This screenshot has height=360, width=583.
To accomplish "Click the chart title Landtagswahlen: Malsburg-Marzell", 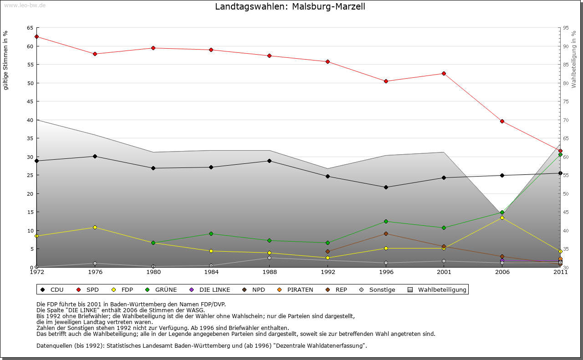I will (290, 7).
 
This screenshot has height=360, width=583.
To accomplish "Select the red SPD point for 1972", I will (36, 37).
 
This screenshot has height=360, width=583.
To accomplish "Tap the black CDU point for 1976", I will (95, 156).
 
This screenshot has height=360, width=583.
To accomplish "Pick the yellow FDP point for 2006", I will (502, 218).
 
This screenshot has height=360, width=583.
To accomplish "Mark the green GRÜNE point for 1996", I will (386, 222).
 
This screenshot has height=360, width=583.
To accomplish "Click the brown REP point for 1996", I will (386, 234).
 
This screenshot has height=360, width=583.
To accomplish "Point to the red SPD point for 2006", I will (502, 122).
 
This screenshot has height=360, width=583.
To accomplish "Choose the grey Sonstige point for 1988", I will (270, 258).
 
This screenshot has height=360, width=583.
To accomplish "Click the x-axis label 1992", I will (327, 273).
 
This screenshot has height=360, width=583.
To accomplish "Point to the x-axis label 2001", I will (444, 273).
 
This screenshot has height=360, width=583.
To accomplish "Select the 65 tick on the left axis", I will (30, 28).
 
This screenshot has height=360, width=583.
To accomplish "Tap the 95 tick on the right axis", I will (566, 28).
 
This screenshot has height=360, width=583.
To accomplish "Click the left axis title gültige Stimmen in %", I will (6, 60).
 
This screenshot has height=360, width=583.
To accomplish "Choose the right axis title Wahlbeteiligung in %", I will (574, 59).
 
